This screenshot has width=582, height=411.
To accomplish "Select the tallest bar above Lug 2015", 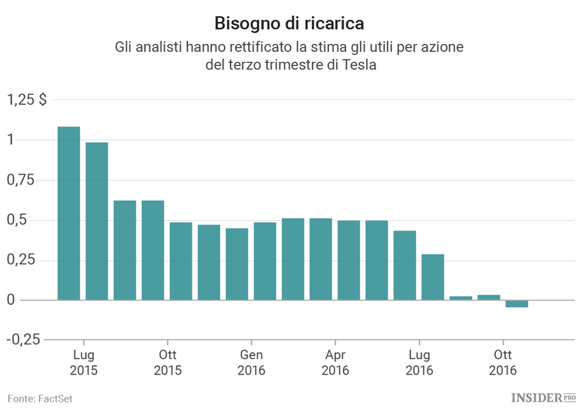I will [x=69, y=212].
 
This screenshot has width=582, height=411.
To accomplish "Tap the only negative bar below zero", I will [x=517, y=303].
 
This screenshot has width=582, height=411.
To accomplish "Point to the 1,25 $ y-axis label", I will [x=28, y=99].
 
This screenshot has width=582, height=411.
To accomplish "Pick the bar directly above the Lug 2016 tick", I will [x=433, y=277].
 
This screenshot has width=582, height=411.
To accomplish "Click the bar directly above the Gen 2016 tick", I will [x=265, y=261].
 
